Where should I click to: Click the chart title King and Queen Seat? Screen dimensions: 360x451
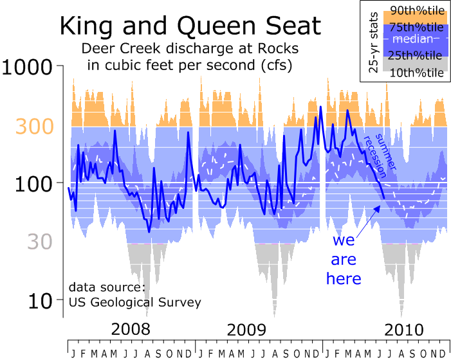(x=189, y=26)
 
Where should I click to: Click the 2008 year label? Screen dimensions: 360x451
(x=133, y=330)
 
